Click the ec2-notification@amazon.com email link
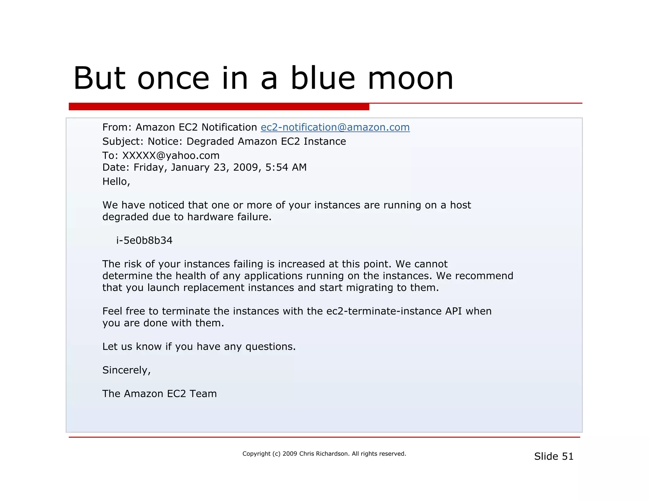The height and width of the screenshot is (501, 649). [x=335, y=127]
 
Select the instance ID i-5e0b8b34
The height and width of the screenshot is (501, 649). [x=144, y=241]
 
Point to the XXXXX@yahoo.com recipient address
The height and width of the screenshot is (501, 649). [x=171, y=155]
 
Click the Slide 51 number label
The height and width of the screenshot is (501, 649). [x=554, y=456]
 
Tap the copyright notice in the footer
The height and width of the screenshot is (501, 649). [x=324, y=454]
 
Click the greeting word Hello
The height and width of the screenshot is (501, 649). [x=115, y=181]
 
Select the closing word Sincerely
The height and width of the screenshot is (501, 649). [x=126, y=370]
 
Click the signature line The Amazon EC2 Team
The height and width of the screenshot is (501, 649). [x=159, y=394]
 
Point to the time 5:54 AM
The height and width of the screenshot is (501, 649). [x=286, y=167]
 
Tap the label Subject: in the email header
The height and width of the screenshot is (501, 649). [x=123, y=141]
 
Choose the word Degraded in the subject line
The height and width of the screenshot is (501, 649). [x=210, y=141]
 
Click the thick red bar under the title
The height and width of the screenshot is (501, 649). [x=219, y=107]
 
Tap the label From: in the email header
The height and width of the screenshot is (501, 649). [x=117, y=127]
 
